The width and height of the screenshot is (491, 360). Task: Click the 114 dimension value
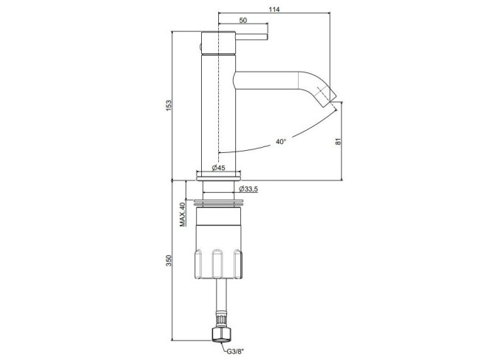(x=274, y=10)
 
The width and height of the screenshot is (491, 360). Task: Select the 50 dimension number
(x=243, y=21)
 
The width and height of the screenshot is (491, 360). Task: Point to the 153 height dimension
(x=169, y=106)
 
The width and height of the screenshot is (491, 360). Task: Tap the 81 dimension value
(x=338, y=141)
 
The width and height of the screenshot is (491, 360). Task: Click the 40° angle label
(x=281, y=141)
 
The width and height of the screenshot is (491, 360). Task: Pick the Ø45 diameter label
(x=218, y=168)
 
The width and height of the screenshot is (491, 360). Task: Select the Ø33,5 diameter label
(x=248, y=189)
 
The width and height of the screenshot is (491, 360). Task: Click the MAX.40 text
(x=182, y=214)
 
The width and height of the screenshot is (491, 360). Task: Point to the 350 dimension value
(x=169, y=260)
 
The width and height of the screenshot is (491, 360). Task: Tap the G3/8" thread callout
(x=235, y=351)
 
